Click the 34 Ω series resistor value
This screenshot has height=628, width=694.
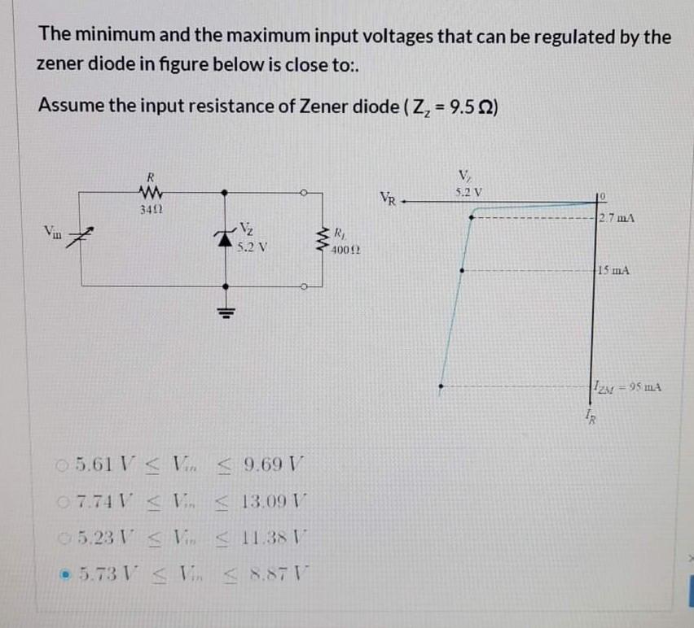tap(149, 210)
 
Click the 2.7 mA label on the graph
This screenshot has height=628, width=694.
tap(616, 217)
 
